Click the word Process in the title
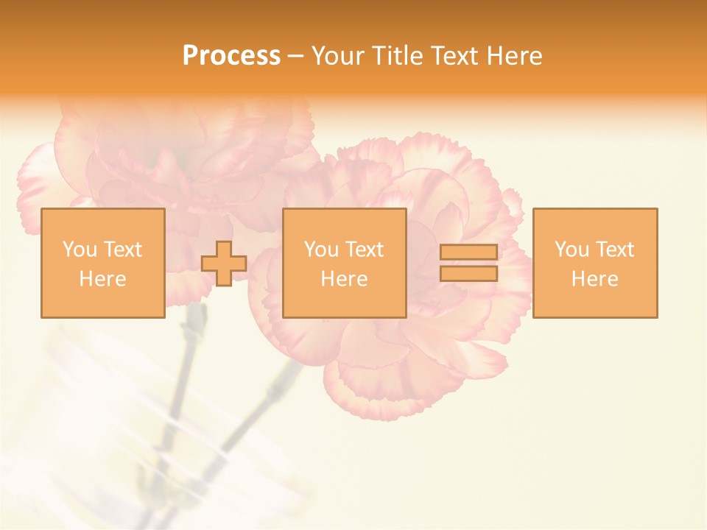pyautogui.click(x=231, y=56)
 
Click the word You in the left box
pyautogui.click(x=78, y=250)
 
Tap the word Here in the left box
pyautogui.click(x=102, y=279)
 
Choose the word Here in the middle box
pyautogui.click(x=344, y=279)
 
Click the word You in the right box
pyautogui.click(x=571, y=250)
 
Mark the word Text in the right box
pyautogui.click(x=615, y=250)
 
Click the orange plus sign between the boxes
pyautogui.click(x=224, y=264)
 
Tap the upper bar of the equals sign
pyautogui.click(x=468, y=252)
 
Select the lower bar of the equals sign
pyautogui.click(x=468, y=273)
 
